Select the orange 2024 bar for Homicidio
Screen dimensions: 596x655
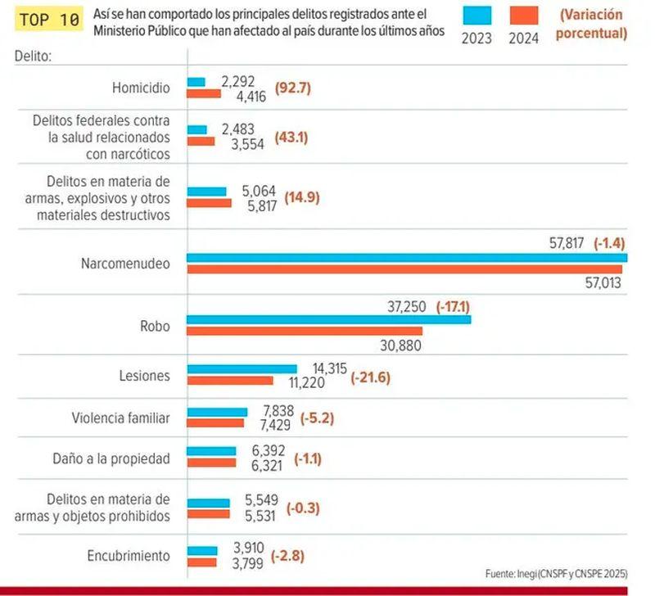point(204,94)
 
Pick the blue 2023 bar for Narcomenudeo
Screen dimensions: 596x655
point(407,258)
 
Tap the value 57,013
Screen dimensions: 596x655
point(601,283)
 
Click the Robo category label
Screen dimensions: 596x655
point(156,326)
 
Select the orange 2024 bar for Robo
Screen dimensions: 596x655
point(305,331)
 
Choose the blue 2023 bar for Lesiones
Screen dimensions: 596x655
point(242,369)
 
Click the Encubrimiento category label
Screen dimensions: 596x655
point(129,556)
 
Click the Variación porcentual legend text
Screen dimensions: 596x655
point(592,25)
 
